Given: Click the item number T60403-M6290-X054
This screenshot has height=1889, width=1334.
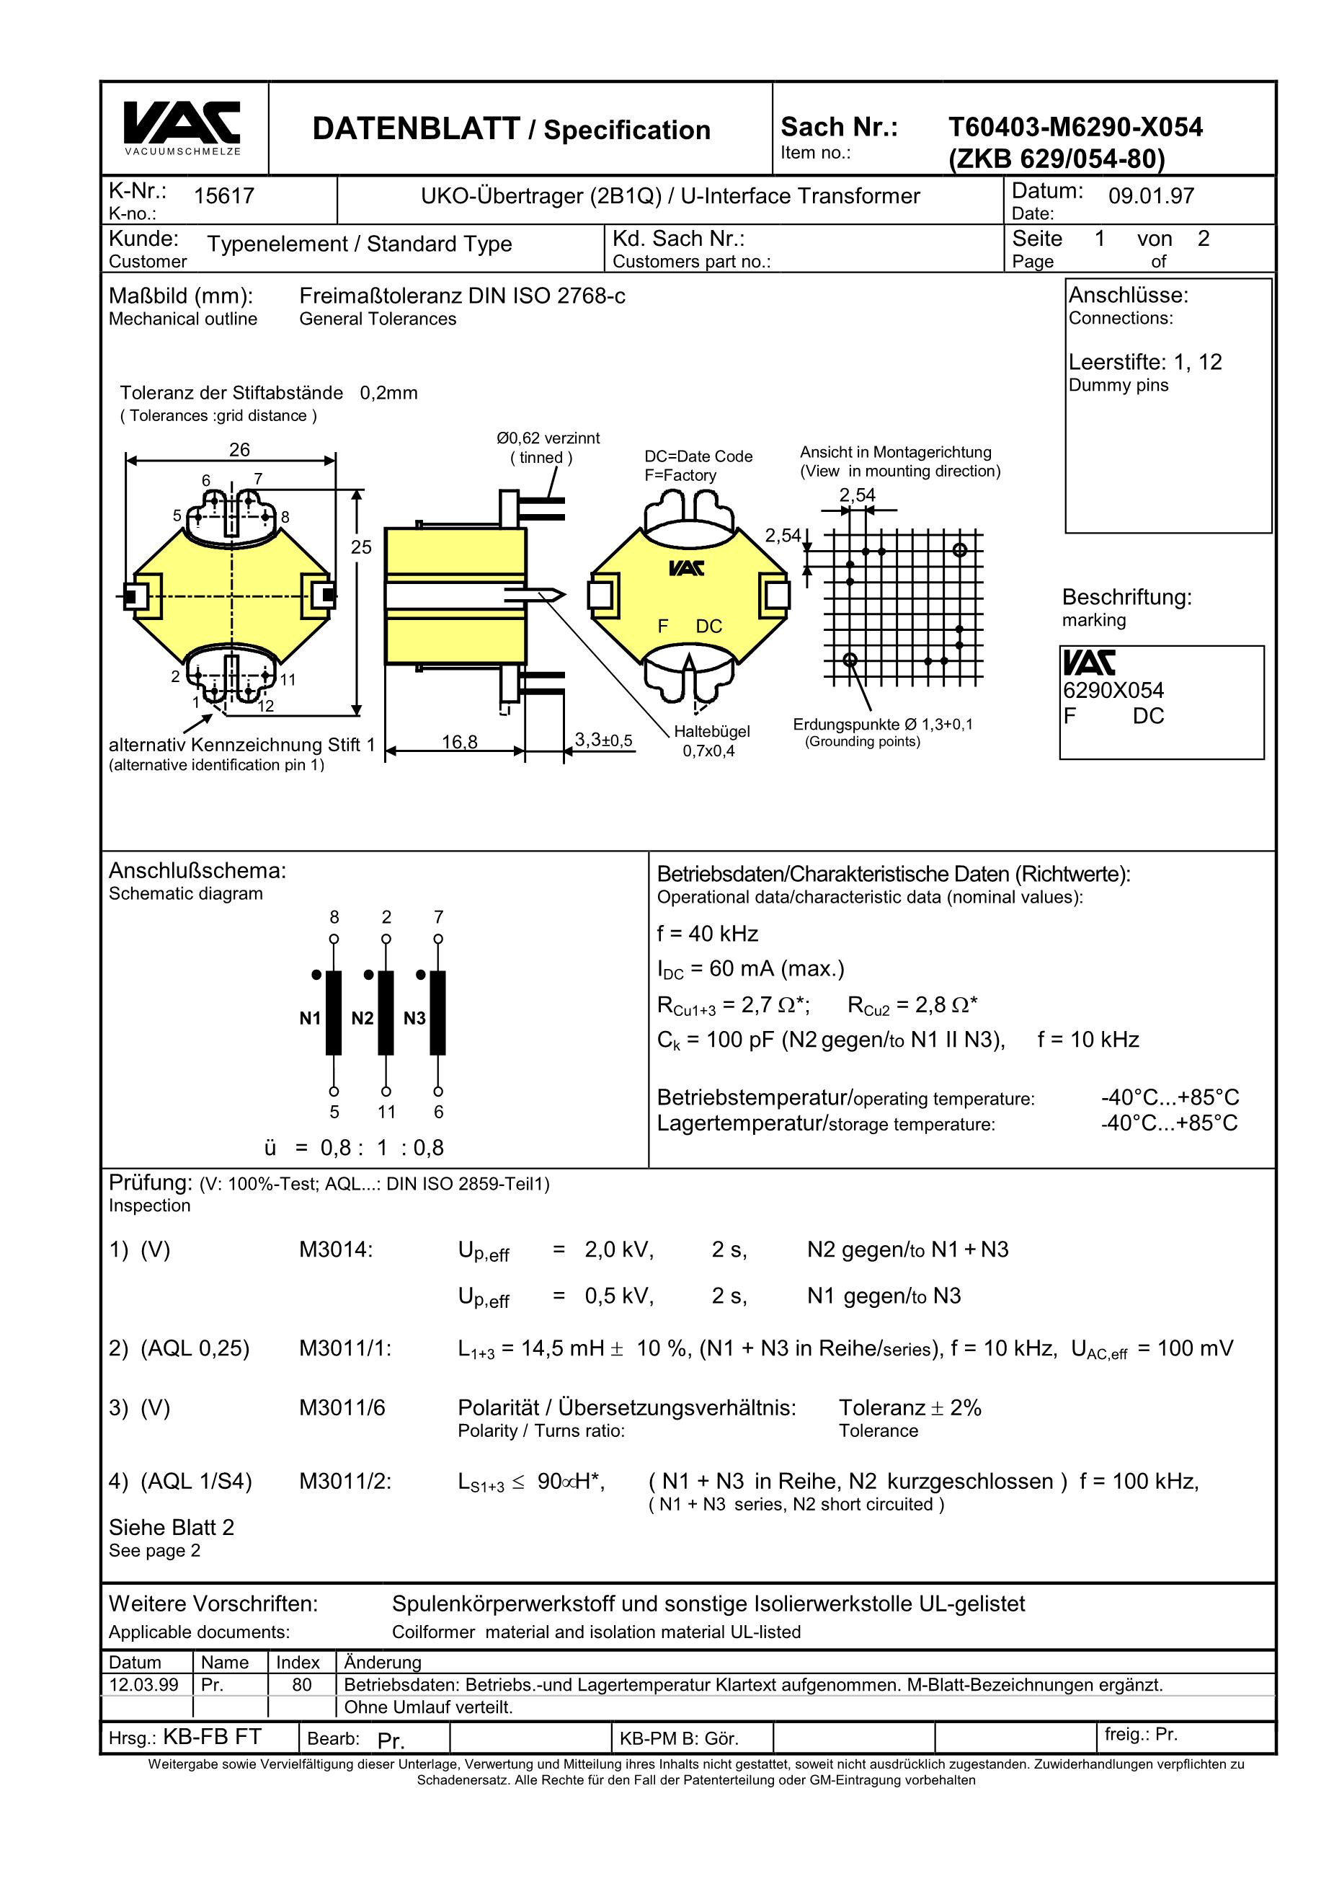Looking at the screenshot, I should coord(1075,128).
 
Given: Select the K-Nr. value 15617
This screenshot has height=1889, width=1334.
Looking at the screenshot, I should coord(223,196).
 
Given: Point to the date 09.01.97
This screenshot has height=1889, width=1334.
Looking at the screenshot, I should coord(1151,196).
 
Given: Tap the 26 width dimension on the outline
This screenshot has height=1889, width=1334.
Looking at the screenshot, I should coord(239,449).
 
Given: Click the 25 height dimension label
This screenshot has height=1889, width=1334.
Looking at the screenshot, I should coord(361,547).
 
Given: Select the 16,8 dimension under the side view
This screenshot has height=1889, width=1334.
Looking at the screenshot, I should coord(459,742).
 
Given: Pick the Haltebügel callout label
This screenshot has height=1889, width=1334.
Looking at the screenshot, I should coord(711,731).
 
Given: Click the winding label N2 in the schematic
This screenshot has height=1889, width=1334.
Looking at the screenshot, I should coord(362,1019).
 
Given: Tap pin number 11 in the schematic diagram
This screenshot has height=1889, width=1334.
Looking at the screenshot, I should coord(386,1112).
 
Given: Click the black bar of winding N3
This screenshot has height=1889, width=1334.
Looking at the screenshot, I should coord(437,1013).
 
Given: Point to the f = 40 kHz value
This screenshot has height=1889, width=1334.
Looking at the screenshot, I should coord(707,934).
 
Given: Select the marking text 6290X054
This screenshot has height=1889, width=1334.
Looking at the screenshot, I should coord(1113,690).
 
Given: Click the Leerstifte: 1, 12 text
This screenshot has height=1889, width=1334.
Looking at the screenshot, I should coord(1145,362).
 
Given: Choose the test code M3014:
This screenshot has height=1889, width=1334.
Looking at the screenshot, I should coord(336,1250).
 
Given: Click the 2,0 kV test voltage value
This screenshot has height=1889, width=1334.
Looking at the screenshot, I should coord(618,1250).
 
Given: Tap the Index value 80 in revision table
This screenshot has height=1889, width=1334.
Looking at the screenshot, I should coord(302,1685).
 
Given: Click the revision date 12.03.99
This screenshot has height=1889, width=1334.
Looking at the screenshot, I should coord(144,1685).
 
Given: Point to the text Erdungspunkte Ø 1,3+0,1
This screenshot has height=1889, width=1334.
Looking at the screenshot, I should coord(882,725).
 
